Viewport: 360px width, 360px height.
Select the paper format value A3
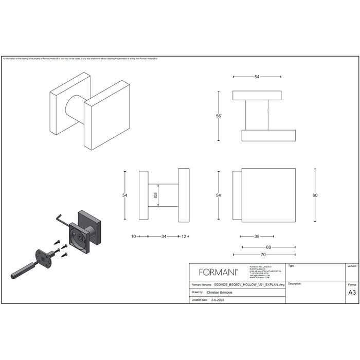352,292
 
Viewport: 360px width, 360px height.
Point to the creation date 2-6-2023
219,299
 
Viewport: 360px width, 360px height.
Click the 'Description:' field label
295,283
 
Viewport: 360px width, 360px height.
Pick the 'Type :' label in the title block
292,266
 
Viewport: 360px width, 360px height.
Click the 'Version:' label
352,266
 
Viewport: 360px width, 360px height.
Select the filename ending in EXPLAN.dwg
249,283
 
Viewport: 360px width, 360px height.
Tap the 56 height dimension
218,116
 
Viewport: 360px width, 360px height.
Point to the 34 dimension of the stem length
164,237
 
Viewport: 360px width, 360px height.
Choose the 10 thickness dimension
133,237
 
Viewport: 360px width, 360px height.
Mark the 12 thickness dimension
184,237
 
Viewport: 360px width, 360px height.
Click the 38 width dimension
256,237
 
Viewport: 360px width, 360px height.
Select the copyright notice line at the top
80,59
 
